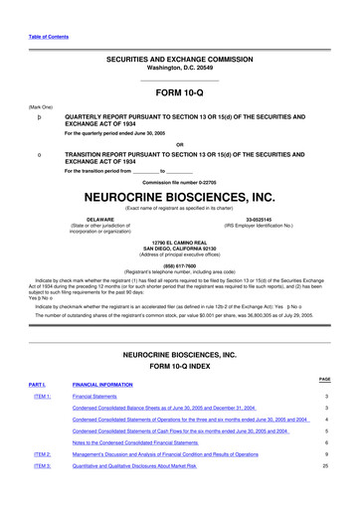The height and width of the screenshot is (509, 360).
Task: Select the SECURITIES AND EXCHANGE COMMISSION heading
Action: point(179,60)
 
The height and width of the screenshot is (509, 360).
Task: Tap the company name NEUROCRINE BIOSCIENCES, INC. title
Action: point(179,197)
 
